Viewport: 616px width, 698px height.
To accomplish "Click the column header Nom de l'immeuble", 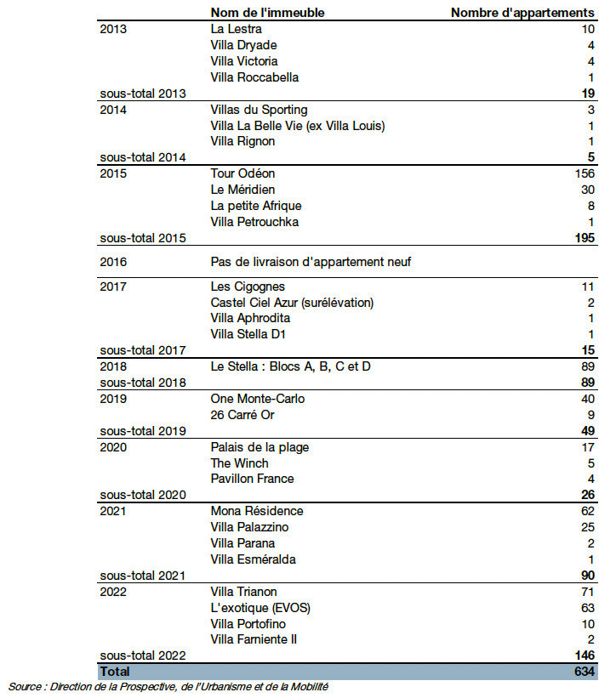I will pos(267,13).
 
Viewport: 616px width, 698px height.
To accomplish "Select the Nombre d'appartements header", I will pos(522,13).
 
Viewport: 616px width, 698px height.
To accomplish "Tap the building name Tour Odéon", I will pos(242,173).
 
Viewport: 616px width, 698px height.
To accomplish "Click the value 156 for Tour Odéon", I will pos(584,173).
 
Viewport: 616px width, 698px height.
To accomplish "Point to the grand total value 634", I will pos(584,671).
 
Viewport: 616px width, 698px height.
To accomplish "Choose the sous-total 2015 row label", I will pos(143,238).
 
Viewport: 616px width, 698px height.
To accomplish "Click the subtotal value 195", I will pos(584,238).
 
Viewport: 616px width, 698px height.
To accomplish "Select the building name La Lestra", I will pos(236,29).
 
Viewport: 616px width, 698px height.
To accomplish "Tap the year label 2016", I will pos(113,262).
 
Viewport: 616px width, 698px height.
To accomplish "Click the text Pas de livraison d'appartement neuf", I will pos(311,262).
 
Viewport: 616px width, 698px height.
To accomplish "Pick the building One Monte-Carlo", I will pos(257,399).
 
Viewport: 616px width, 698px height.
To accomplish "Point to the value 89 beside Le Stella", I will pos(586,366).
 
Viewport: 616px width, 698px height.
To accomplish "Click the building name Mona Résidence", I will pos(256,511).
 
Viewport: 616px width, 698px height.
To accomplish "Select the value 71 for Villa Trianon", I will pos(587,592).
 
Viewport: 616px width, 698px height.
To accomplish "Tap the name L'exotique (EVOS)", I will pos(259,608).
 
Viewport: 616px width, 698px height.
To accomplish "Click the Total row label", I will pos(115,671).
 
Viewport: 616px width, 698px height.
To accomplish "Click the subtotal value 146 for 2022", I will pos(584,655).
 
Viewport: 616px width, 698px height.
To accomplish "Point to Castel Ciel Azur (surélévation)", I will pos(292,303).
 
